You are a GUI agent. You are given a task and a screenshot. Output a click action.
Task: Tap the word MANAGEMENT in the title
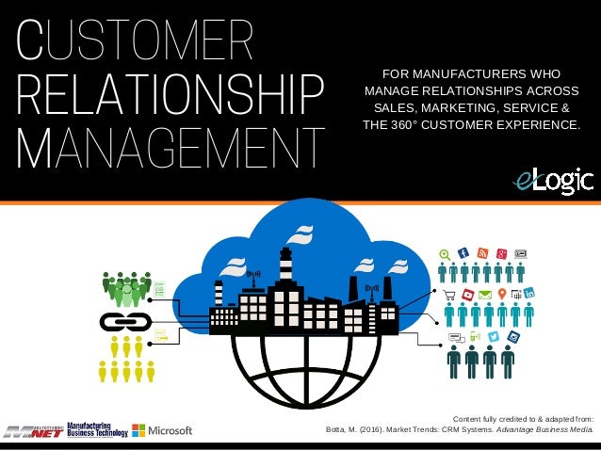[x=171, y=149]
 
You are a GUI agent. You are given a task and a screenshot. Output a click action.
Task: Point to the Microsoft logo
[x=162, y=430]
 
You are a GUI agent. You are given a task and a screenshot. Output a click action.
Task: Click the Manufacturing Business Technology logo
[x=98, y=430]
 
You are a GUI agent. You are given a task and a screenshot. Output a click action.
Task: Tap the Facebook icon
[x=463, y=252]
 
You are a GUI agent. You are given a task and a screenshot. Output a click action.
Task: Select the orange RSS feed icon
[x=482, y=252]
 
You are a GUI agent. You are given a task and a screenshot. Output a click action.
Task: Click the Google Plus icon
[x=503, y=252]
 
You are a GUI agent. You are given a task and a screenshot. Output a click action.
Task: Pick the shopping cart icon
[x=449, y=295]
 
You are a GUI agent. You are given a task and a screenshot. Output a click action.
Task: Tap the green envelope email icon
[x=485, y=295]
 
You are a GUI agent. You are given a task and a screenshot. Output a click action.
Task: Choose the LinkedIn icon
[x=529, y=295]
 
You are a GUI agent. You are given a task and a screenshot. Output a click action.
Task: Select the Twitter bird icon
[x=494, y=336]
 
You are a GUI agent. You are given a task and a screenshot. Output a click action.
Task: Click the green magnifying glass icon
[x=445, y=253]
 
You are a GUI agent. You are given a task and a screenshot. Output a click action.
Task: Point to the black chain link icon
[x=120, y=322]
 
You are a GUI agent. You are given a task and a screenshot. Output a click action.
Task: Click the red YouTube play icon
[x=467, y=295]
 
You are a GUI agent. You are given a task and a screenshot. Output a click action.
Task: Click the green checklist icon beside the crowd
[x=159, y=290]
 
